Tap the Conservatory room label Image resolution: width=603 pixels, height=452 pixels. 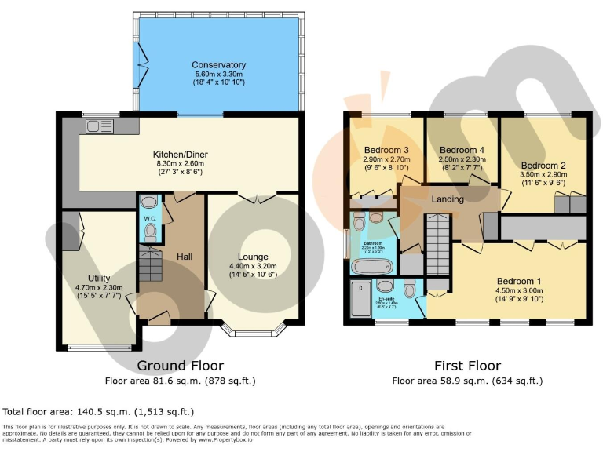(x=219, y=65)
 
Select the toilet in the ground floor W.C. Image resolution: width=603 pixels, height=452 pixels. (x=149, y=232)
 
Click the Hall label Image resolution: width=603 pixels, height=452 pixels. (x=185, y=257)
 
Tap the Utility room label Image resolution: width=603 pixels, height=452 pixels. (x=99, y=278)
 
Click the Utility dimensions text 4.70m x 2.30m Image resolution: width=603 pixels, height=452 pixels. (x=99, y=287)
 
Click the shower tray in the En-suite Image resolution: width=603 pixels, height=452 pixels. (x=360, y=298)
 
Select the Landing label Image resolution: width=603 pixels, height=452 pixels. (x=448, y=199)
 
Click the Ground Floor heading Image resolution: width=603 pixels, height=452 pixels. (x=180, y=366)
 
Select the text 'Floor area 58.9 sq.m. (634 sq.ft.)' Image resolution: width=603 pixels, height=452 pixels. (x=467, y=381)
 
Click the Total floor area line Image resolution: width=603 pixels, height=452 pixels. (x=98, y=411)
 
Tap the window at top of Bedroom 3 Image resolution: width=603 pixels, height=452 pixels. (x=385, y=116)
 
